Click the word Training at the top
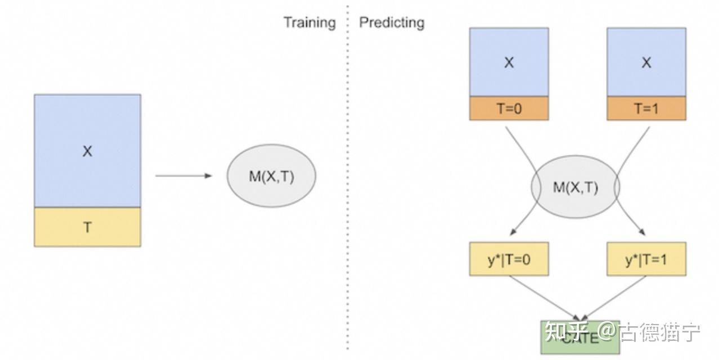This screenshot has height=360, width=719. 309,22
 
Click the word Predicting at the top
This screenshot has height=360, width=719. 392,22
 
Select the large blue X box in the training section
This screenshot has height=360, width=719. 87,151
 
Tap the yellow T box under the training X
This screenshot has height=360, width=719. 87,227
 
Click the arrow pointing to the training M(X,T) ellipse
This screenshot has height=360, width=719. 183,176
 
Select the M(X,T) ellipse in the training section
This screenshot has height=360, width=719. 271,176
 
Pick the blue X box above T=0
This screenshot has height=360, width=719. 509,62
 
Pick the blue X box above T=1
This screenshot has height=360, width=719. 646,62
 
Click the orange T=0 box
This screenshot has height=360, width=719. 509,109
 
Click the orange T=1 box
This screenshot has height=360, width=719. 646,109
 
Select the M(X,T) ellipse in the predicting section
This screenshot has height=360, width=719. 575,187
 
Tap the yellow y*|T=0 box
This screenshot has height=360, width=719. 509,259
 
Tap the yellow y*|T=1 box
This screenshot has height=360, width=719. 646,259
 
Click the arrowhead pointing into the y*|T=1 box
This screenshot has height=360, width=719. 642,232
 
